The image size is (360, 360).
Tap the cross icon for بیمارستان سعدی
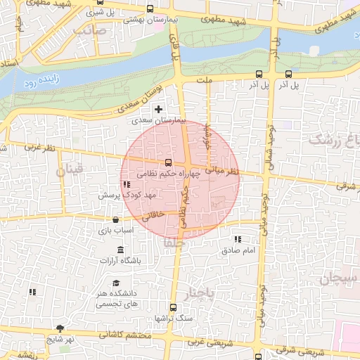pyautogui.click(x=159, y=109)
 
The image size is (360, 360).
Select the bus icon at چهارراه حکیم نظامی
pyautogui.click(x=167, y=162)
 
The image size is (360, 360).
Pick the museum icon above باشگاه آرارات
pyautogui.click(x=120, y=251)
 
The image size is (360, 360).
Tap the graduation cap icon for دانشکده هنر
pyautogui.click(x=115, y=283)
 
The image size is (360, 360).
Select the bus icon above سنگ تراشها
pyautogui.click(x=174, y=307)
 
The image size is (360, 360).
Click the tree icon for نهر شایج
pyautogui.click(x=60, y=328)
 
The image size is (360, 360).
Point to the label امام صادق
pyautogui.click(x=243, y=250)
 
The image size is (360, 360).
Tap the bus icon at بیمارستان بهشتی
pyautogui.click(x=149, y=9)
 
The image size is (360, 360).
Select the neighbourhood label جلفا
pyautogui.click(x=173, y=242)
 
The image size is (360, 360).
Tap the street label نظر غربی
pyautogui.click(x=39, y=148)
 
